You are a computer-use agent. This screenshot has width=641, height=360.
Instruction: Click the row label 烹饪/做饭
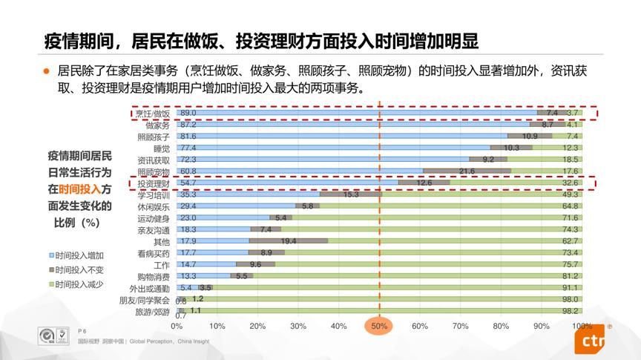152,113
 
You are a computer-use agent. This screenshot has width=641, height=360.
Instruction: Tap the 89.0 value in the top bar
188,113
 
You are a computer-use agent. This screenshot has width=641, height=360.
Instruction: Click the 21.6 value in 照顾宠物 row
467,171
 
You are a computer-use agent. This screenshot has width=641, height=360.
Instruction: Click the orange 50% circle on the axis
379,326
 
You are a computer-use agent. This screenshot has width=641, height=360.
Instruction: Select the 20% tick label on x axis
257,326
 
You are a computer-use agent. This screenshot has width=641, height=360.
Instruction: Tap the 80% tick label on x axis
501,326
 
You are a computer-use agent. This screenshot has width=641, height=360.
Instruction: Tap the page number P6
82,331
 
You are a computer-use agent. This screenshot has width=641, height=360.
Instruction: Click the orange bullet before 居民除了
45,72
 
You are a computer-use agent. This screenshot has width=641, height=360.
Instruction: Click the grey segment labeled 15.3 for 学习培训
351,194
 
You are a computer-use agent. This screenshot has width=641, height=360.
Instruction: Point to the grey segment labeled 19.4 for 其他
289,241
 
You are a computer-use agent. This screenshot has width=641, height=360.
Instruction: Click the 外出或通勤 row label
150,288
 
